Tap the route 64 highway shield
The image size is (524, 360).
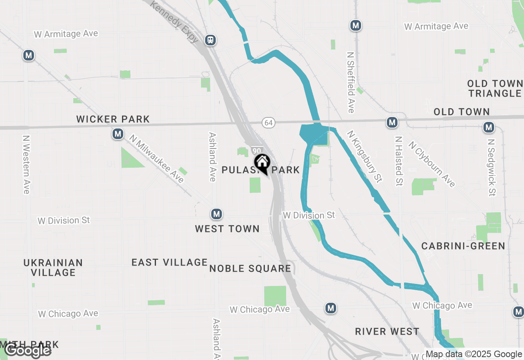pyautogui.click(x=268, y=122)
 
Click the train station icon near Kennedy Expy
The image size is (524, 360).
pyautogui.click(x=210, y=40)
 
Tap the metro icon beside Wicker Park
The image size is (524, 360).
pyautogui.click(x=118, y=134)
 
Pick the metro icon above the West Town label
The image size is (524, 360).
pyautogui.click(x=216, y=214)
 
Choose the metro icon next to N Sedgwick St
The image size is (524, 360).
pyautogui.click(x=488, y=127)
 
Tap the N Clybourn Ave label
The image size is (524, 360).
pyautogui.click(x=431, y=164)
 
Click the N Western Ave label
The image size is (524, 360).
pyautogui.click(x=27, y=164)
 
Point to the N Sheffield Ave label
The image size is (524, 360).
pyautogui.click(x=350, y=82)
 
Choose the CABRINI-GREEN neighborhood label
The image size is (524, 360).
pyautogui.click(x=463, y=246)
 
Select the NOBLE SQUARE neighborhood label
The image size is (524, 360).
pyautogui.click(x=250, y=268)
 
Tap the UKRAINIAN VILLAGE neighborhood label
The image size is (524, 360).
pyautogui.click(x=53, y=268)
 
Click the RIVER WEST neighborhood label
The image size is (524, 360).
pyautogui.click(x=387, y=331)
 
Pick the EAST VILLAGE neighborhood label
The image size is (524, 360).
pyautogui.click(x=169, y=262)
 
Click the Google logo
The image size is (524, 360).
pyautogui.click(x=28, y=351)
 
